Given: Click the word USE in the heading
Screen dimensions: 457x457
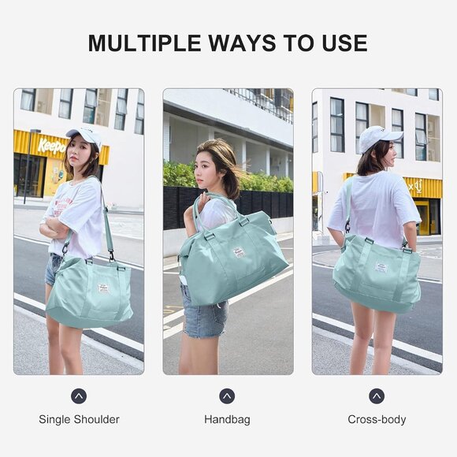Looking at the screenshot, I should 340,43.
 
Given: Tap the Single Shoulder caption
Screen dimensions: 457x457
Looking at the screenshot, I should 79,419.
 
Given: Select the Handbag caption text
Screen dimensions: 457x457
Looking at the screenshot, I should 227,419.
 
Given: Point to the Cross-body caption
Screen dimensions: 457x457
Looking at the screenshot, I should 377,419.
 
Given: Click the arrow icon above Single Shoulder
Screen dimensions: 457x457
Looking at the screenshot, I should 79,396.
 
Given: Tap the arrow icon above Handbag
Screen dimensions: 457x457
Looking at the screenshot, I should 227,396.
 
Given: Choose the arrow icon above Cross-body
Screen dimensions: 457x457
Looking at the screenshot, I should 377,396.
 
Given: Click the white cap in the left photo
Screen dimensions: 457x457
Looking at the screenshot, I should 86,134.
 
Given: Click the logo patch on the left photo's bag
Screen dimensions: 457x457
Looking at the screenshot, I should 102,288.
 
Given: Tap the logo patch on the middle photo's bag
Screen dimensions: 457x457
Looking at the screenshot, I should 240,252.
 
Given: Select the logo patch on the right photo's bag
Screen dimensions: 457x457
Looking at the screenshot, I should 381,267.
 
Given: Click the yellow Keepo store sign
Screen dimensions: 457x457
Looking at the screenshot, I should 52,147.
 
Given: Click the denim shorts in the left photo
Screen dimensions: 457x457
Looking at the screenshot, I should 54,269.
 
